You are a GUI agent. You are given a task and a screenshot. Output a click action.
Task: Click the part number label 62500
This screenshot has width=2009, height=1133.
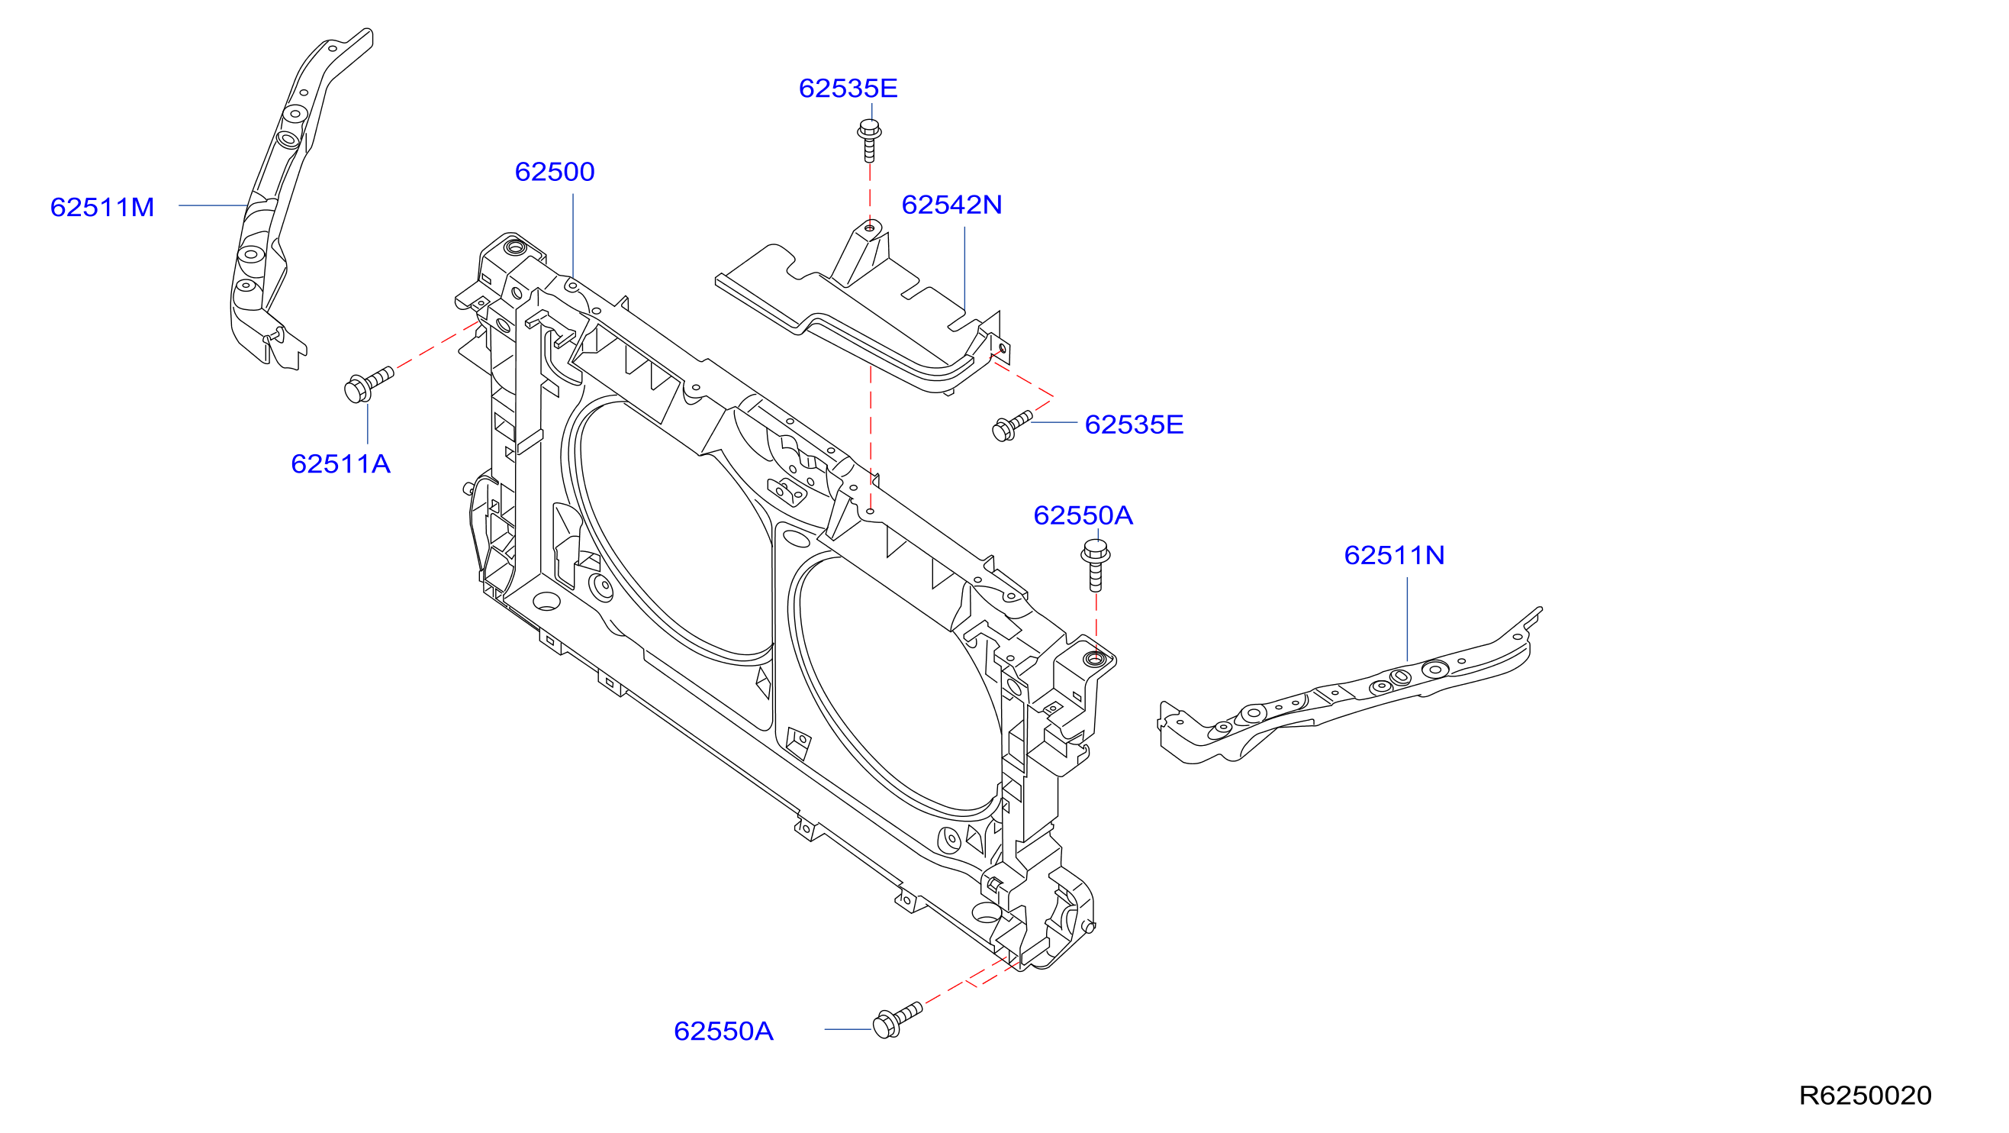(555, 172)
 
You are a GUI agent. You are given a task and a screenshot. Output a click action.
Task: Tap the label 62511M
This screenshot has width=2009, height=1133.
(102, 208)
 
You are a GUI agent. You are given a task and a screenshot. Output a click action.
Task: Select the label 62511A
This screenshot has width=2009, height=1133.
(340, 464)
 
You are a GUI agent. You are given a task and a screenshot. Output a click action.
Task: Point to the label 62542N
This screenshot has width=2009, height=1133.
(951, 205)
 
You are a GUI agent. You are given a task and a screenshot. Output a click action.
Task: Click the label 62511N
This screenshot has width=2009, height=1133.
(1394, 555)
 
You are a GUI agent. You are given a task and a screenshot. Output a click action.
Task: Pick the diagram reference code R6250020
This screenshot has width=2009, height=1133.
(1865, 1096)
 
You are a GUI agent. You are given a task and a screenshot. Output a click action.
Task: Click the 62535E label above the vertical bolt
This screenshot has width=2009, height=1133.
(848, 88)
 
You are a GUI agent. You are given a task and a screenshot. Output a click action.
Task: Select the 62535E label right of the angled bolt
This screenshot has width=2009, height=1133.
(1134, 424)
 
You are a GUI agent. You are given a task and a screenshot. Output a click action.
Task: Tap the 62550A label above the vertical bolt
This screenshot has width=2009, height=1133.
(1083, 515)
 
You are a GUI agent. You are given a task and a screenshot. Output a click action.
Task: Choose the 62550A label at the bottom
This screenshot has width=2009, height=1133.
(723, 1031)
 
